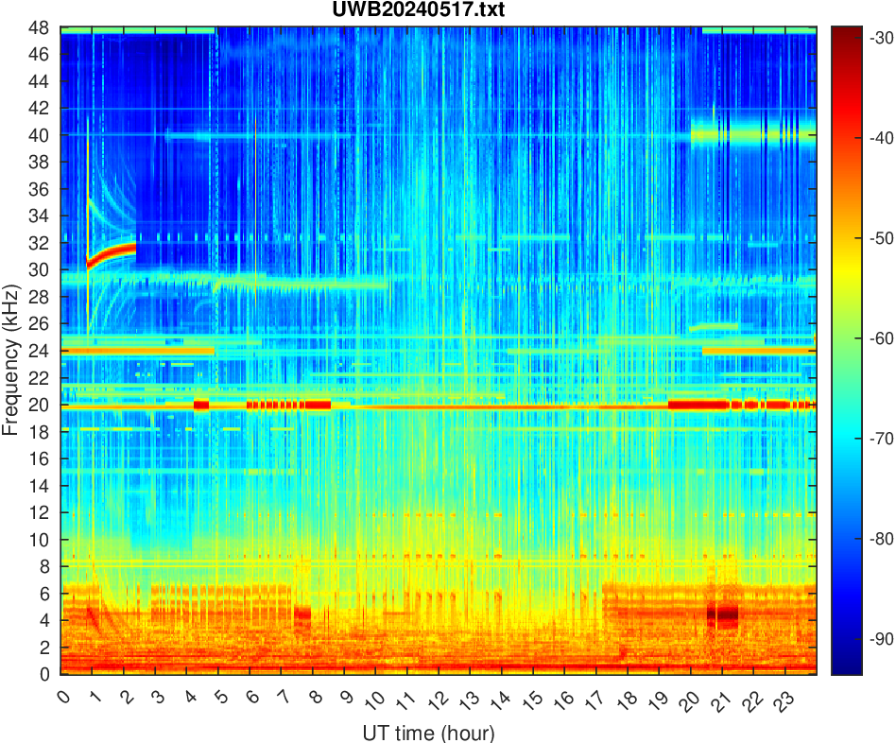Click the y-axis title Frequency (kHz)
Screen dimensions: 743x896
[x=11, y=350]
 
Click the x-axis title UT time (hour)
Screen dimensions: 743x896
[x=428, y=733]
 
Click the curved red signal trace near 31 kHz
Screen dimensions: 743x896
[x=113, y=253]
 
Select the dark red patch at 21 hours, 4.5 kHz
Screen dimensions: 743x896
[x=723, y=615]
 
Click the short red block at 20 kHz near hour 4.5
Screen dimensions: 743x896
[x=200, y=405]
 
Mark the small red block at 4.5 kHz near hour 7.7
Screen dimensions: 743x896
[x=302, y=613]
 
